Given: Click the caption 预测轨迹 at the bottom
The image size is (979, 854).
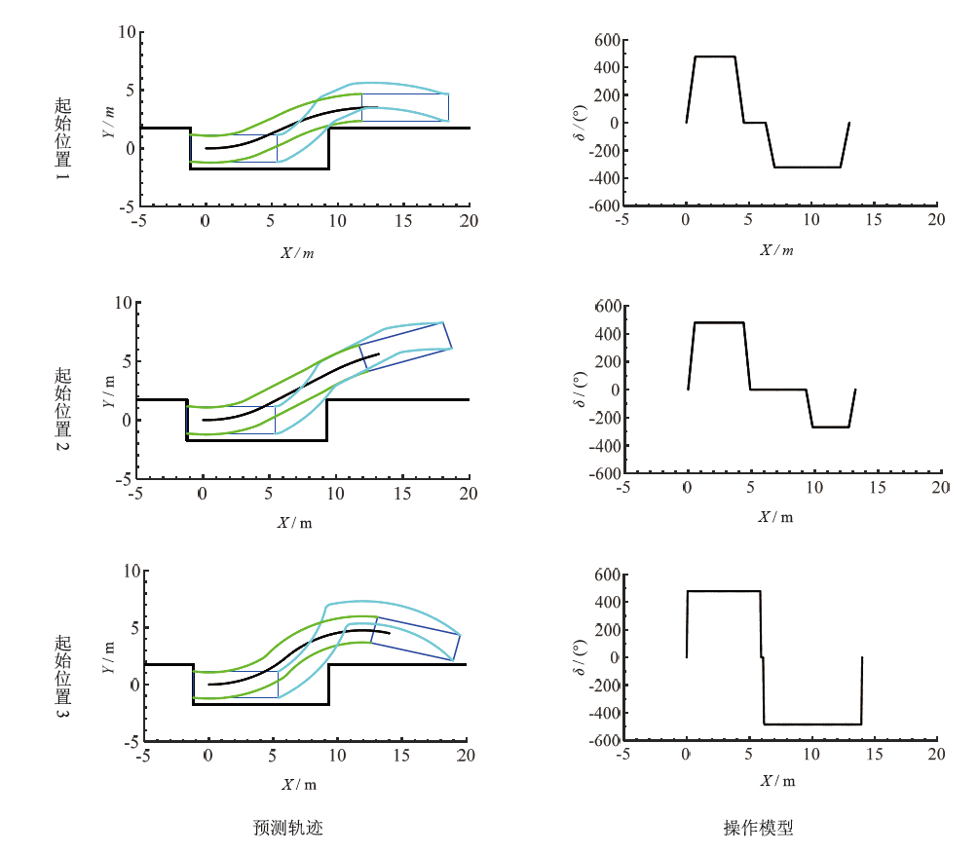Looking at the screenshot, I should [x=288, y=829].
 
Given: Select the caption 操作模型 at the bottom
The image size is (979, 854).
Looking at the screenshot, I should [x=759, y=829].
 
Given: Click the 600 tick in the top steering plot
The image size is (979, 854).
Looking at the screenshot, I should [x=607, y=40].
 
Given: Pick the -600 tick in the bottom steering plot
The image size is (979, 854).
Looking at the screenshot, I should [x=603, y=740].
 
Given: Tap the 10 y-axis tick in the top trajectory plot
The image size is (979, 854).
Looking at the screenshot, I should [x=126, y=32].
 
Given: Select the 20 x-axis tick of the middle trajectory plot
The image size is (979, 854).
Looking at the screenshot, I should [x=470, y=494].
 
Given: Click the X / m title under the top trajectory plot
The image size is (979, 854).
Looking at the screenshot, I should [x=298, y=252].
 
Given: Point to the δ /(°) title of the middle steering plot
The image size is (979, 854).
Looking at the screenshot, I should [x=582, y=390].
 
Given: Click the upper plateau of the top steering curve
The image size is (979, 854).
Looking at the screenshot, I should [x=715, y=56].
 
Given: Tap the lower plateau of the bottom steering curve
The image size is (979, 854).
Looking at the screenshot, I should [x=812, y=724].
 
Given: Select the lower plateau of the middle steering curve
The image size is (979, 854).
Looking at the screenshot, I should [x=830, y=427].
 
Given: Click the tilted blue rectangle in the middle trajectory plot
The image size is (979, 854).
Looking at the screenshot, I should [x=406, y=347].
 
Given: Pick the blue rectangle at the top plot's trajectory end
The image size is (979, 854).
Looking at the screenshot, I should [x=404, y=107].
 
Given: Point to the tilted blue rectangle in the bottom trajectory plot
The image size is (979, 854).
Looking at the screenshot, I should [x=415, y=639].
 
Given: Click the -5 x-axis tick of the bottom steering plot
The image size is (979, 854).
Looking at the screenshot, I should [x=622, y=756].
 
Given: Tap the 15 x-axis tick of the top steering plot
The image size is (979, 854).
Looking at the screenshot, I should [x=874, y=221].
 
